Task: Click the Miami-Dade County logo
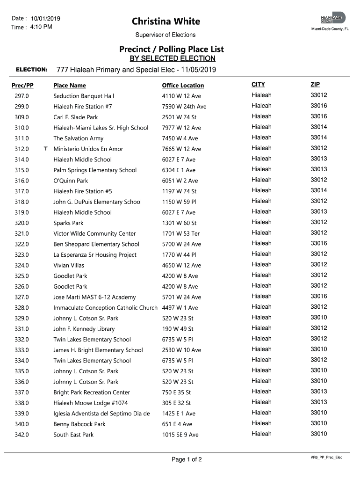pyautogui.click(x=332, y=18)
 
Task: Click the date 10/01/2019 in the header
pyautogui.click(x=45, y=19)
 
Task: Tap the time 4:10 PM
pyautogui.click(x=41, y=27)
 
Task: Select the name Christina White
pyautogui.click(x=166, y=22)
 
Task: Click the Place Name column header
pyautogui.click(x=70, y=86)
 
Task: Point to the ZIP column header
pyautogui.click(x=315, y=84)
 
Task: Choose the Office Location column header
pyautogui.click(x=183, y=86)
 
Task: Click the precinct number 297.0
pyautogui.click(x=22, y=96)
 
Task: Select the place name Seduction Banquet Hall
pyautogui.click(x=84, y=96)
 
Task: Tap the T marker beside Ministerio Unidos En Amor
pyautogui.click(x=45, y=149)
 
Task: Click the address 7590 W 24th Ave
pyautogui.click(x=184, y=107)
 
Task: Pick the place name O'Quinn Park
pyautogui.click(x=71, y=181)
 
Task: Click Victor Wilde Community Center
pyautogui.click(x=94, y=233)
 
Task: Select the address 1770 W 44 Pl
pyautogui.click(x=179, y=255)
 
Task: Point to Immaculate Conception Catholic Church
pyautogui.click(x=105, y=308)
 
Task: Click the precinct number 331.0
pyautogui.click(x=22, y=329)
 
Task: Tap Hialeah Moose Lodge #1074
pyautogui.click(x=91, y=403)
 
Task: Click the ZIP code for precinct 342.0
pyautogui.click(x=319, y=434)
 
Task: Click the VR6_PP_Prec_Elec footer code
pyautogui.click(x=326, y=457)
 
